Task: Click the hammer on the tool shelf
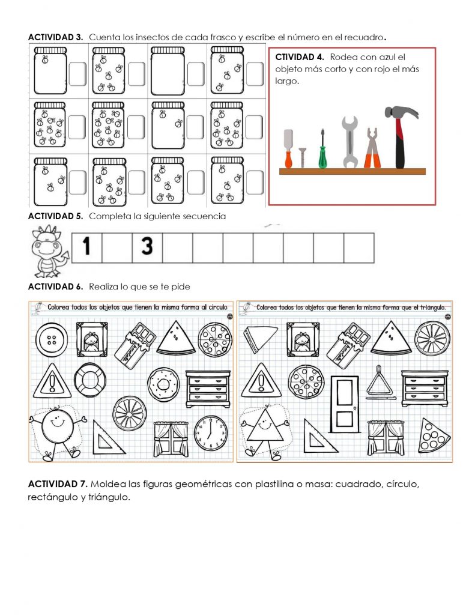(x=400, y=135)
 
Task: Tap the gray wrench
(x=350, y=142)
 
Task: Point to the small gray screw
(x=303, y=158)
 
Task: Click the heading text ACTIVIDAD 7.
(x=58, y=484)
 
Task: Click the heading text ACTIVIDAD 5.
(x=55, y=216)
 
